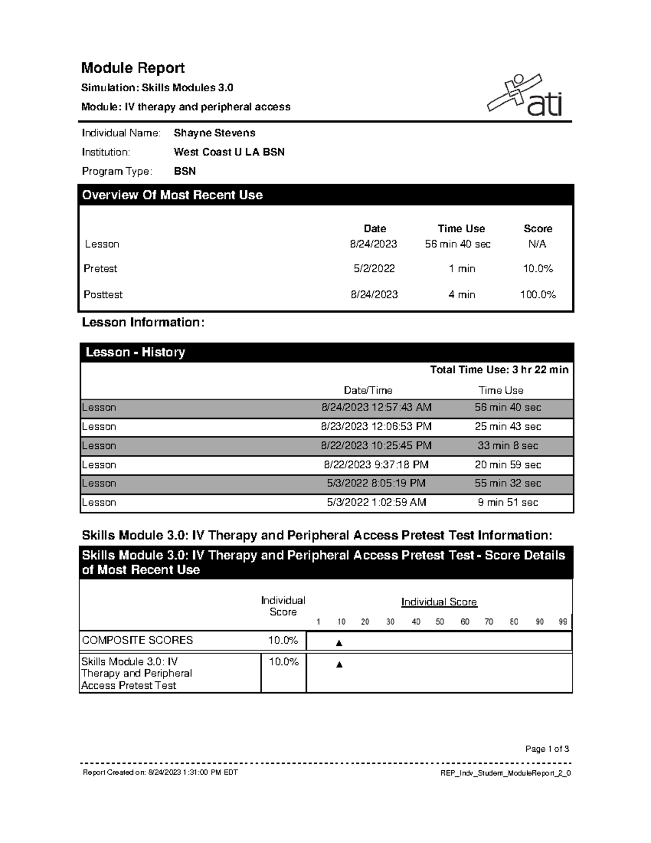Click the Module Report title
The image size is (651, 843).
pyautogui.click(x=133, y=68)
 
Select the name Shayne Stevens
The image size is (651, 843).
pyautogui.click(x=214, y=133)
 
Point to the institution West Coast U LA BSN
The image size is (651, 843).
pyautogui.click(x=229, y=152)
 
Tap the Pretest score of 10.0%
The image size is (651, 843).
pyautogui.click(x=538, y=269)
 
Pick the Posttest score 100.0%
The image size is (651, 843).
pyautogui.click(x=538, y=295)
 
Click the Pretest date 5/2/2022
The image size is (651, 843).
pyautogui.click(x=374, y=269)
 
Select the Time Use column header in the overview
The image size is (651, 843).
pyautogui.click(x=461, y=229)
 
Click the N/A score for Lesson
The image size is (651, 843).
pyautogui.click(x=537, y=244)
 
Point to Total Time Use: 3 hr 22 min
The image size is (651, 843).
pyautogui.click(x=499, y=370)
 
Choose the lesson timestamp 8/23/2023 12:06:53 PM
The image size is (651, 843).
pyautogui.click(x=376, y=427)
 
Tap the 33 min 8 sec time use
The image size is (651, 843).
pyautogui.click(x=508, y=446)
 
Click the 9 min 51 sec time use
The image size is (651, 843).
pyautogui.click(x=508, y=503)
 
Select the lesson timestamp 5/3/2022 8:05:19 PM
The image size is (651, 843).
pyautogui.click(x=376, y=483)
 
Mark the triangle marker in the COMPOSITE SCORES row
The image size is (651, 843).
pyautogui.click(x=340, y=643)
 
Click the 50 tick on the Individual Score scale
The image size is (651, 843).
pyautogui.click(x=440, y=622)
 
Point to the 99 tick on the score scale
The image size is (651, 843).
pyautogui.click(x=563, y=622)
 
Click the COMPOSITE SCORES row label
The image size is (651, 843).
pyautogui.click(x=137, y=641)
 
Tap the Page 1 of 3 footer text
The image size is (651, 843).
pyautogui.click(x=547, y=749)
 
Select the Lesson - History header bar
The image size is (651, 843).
pyautogui.click(x=326, y=352)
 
